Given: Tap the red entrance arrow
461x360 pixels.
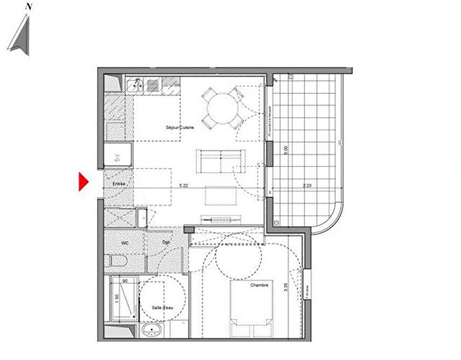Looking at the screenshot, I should [x=83, y=182].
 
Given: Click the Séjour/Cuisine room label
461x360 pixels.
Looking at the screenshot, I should [x=180, y=128].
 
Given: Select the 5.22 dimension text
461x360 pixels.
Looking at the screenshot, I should [x=183, y=186].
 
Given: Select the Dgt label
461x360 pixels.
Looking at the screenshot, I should [x=166, y=242].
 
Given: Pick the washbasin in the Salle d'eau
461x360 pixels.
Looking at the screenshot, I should [x=151, y=331].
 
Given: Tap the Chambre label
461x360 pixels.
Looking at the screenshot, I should [x=259, y=284].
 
